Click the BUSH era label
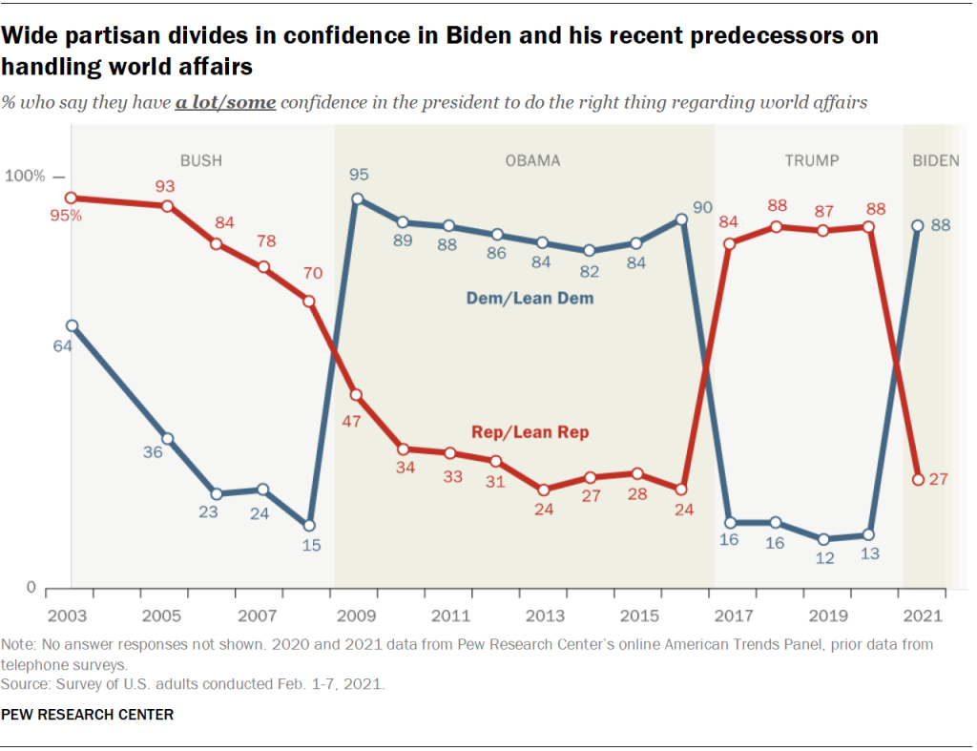click(200, 160)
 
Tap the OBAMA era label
click(532, 160)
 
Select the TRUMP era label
click(812, 160)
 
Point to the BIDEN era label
click(935, 160)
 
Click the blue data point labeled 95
click(357, 199)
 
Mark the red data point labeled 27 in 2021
click(918, 479)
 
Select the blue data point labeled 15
click(309, 526)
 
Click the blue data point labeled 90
click(681, 219)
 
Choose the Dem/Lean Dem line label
click(530, 299)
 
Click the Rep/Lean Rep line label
click(530, 432)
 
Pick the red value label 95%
click(67, 216)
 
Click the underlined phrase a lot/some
click(225, 103)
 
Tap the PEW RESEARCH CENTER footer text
click(87, 714)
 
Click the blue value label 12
click(824, 559)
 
